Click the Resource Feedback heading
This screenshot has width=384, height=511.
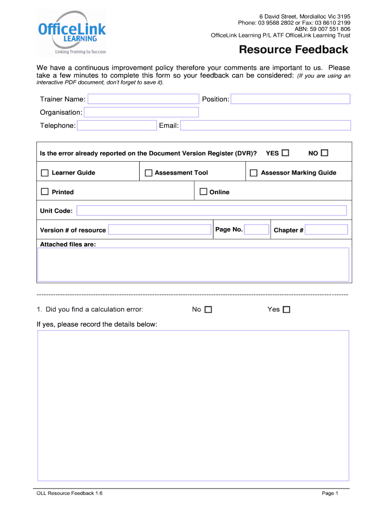coord(293,50)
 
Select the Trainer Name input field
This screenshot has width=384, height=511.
coord(143,99)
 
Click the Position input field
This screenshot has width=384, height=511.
coord(290,99)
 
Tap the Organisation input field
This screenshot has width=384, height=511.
coord(142,112)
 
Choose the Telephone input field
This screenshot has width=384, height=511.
coord(117,125)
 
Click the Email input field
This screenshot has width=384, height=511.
coord(265,125)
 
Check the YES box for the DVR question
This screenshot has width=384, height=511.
coord(285,153)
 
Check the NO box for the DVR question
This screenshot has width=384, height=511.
coord(325,153)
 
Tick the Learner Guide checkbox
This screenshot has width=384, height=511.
coord(45,173)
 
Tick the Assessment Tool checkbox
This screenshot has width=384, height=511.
coord(148,173)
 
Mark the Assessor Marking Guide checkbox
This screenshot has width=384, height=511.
coord(253,173)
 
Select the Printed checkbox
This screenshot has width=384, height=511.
coord(45,192)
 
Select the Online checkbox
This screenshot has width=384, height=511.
coord(203,192)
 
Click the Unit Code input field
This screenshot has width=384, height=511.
coord(211,211)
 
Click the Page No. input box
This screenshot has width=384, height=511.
coord(257,230)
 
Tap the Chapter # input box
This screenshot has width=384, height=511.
coord(326,230)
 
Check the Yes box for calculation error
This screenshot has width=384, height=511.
coord(286,310)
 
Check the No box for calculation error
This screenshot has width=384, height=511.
coord(208,310)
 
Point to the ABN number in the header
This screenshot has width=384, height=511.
coord(322,29)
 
